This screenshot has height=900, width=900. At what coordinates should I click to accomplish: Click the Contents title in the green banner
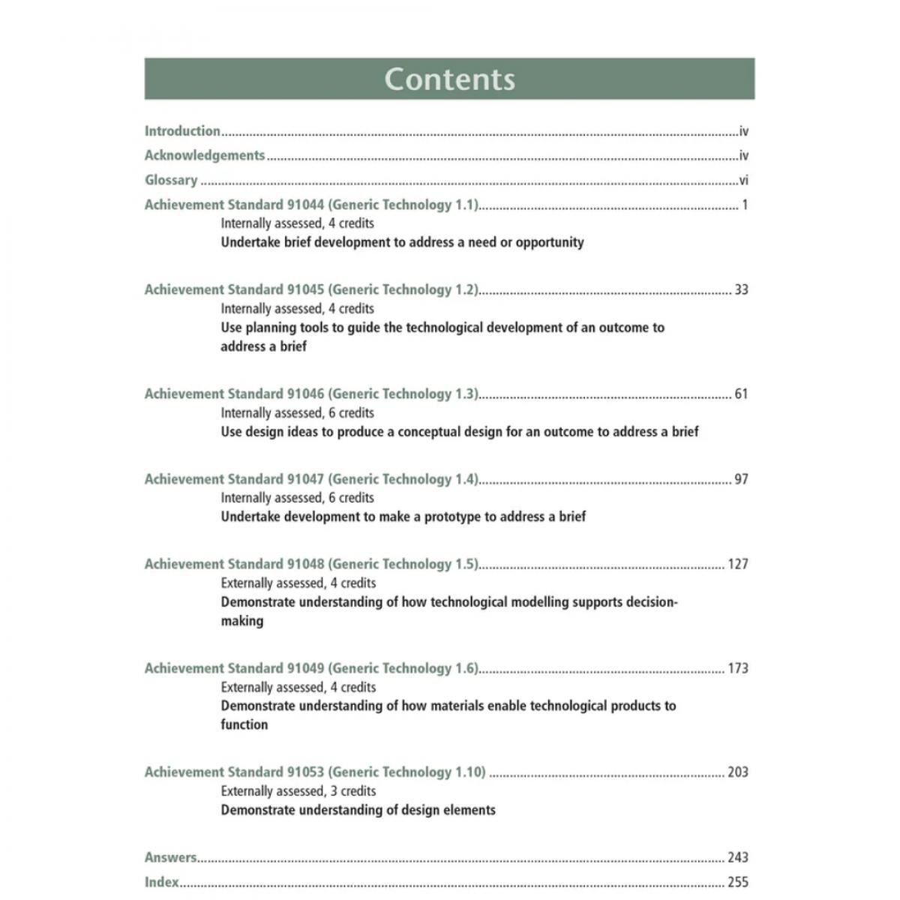click(449, 79)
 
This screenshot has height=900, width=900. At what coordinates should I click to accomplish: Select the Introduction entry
click(182, 131)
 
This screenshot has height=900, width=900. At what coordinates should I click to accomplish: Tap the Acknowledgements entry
click(205, 155)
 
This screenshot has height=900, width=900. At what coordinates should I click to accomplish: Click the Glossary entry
click(171, 180)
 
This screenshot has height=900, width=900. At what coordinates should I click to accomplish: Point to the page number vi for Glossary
click(743, 180)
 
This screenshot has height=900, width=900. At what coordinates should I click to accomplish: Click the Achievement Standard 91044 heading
click(311, 205)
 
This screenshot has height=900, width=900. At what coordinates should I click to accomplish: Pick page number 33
click(741, 289)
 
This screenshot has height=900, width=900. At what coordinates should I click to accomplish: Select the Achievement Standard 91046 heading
click(311, 394)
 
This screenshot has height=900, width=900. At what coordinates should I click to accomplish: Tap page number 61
click(741, 394)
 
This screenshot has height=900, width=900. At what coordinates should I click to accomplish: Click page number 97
click(741, 479)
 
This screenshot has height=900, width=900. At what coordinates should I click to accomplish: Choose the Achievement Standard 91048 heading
click(311, 564)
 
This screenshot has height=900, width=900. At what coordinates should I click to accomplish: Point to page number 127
click(738, 564)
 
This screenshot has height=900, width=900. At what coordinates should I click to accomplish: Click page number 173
click(738, 668)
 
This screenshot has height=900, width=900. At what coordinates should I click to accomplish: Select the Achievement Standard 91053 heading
click(315, 772)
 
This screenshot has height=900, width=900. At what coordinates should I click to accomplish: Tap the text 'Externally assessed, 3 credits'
click(298, 791)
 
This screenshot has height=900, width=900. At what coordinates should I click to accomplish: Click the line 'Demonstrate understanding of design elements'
click(358, 810)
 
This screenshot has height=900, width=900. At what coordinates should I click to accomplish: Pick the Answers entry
click(171, 857)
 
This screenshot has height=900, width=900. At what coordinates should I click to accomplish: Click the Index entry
click(162, 882)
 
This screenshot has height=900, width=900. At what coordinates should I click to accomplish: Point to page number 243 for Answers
click(738, 857)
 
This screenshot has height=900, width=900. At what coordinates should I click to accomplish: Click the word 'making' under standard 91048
click(242, 621)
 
